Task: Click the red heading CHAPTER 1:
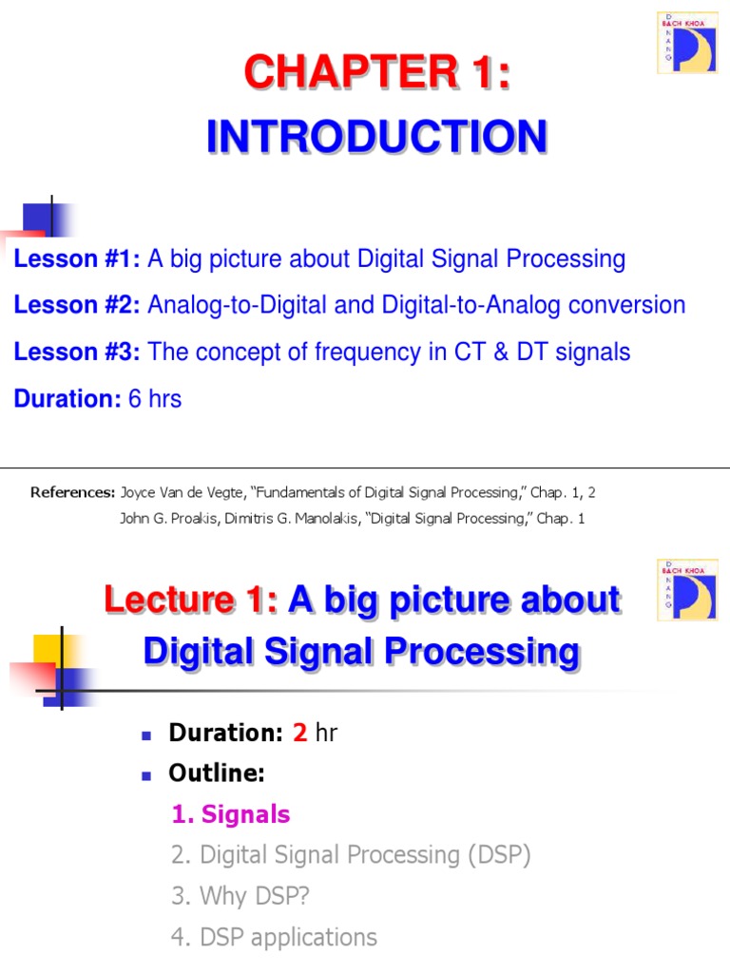(377, 75)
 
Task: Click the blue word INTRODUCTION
(376, 137)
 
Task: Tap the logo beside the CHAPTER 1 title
(686, 43)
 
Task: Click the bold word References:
(72, 492)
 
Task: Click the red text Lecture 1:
(190, 601)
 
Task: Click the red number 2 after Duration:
(299, 733)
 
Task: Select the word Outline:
(216, 773)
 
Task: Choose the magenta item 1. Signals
(231, 814)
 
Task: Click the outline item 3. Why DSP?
(241, 896)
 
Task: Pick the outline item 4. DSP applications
(274, 937)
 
